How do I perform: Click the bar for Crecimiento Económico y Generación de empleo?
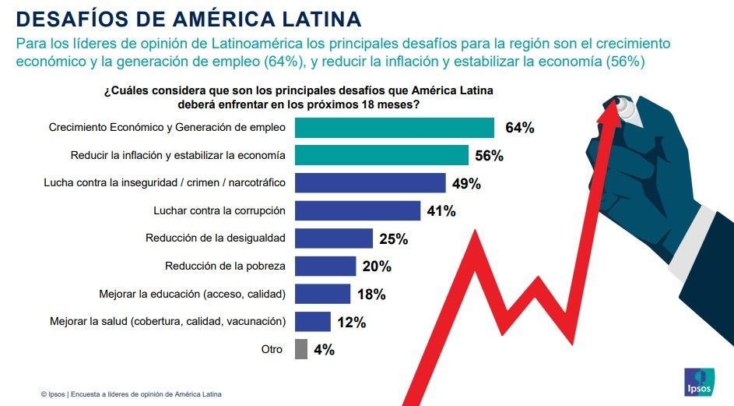[395, 128]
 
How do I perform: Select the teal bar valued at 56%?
[381, 155]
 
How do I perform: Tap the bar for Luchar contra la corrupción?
[358, 210]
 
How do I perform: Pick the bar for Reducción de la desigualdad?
[334, 238]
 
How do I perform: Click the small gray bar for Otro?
[301, 349]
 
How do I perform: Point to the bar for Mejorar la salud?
[313, 321]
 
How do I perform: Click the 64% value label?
[519, 128]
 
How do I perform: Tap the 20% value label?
[376, 267]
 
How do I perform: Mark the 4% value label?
[324, 350]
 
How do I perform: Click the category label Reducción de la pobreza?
[225, 266]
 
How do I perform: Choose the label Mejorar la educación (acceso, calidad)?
[192, 294]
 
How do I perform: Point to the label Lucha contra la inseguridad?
[164, 182]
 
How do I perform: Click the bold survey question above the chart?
[299, 97]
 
